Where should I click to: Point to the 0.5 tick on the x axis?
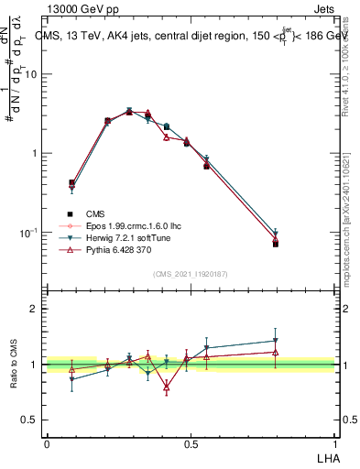coord(191,443)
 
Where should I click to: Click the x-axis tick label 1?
coord(334,443)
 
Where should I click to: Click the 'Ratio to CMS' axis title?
coord(14,365)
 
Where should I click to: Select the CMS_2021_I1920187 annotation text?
coord(191,274)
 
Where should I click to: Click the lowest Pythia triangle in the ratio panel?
coord(166,387)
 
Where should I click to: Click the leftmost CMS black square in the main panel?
coord(71,182)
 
